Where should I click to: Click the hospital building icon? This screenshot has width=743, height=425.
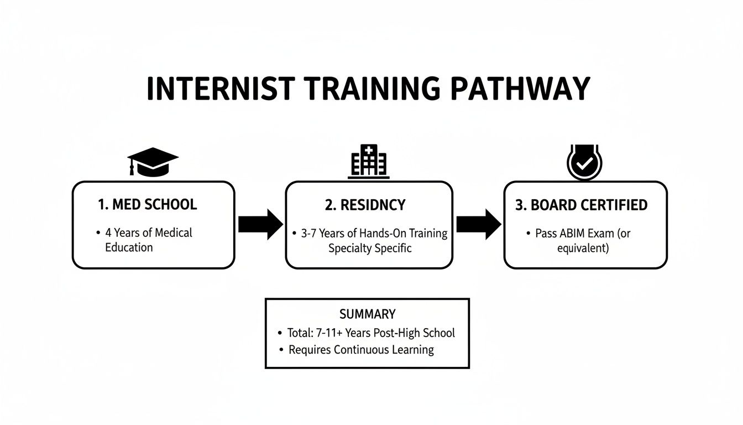(369, 162)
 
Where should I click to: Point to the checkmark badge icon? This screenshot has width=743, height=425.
(585, 162)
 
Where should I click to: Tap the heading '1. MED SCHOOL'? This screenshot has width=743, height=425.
(147, 204)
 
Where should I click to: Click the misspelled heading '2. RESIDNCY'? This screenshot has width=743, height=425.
(365, 205)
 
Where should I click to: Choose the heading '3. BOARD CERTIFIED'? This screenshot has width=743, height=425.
(581, 205)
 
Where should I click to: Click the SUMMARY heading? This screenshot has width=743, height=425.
(367, 314)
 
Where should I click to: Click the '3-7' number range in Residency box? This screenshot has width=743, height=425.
(310, 233)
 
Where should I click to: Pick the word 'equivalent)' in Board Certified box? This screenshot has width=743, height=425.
(583, 248)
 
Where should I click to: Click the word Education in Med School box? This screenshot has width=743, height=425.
(129, 247)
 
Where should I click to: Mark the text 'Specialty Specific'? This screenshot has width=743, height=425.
(370, 248)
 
